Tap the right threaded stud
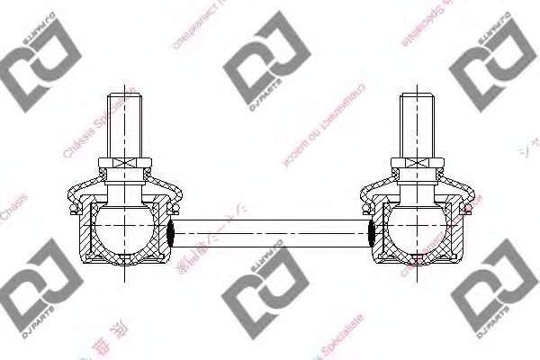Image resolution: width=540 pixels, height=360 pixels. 416,121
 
